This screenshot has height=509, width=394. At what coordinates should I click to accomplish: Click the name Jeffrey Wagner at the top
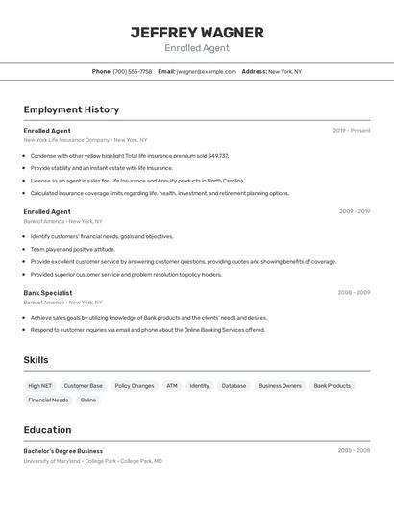197,32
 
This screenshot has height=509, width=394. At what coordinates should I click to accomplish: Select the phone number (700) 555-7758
132,71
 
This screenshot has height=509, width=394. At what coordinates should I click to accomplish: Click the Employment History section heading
71,109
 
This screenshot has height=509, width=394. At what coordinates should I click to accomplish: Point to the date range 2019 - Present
352,131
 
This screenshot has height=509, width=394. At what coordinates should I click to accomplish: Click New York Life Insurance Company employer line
86,140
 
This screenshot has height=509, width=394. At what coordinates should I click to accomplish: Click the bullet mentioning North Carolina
137,180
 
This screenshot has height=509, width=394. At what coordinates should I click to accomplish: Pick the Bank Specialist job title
48,292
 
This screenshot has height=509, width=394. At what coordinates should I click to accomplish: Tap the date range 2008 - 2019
354,292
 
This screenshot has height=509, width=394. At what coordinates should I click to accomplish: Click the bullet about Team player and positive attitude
72,249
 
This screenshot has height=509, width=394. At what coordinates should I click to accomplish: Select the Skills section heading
37,360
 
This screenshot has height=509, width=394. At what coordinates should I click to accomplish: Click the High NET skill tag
39,386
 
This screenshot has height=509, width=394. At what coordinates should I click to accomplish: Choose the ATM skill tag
172,386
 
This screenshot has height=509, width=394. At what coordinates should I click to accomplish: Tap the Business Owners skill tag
280,386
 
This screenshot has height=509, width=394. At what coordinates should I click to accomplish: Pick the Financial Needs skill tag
48,400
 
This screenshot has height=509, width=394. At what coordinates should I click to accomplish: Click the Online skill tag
88,400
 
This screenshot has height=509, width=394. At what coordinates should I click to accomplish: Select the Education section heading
47,430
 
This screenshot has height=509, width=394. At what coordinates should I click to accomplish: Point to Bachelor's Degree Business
63,450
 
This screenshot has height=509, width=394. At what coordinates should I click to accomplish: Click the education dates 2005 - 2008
354,450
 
